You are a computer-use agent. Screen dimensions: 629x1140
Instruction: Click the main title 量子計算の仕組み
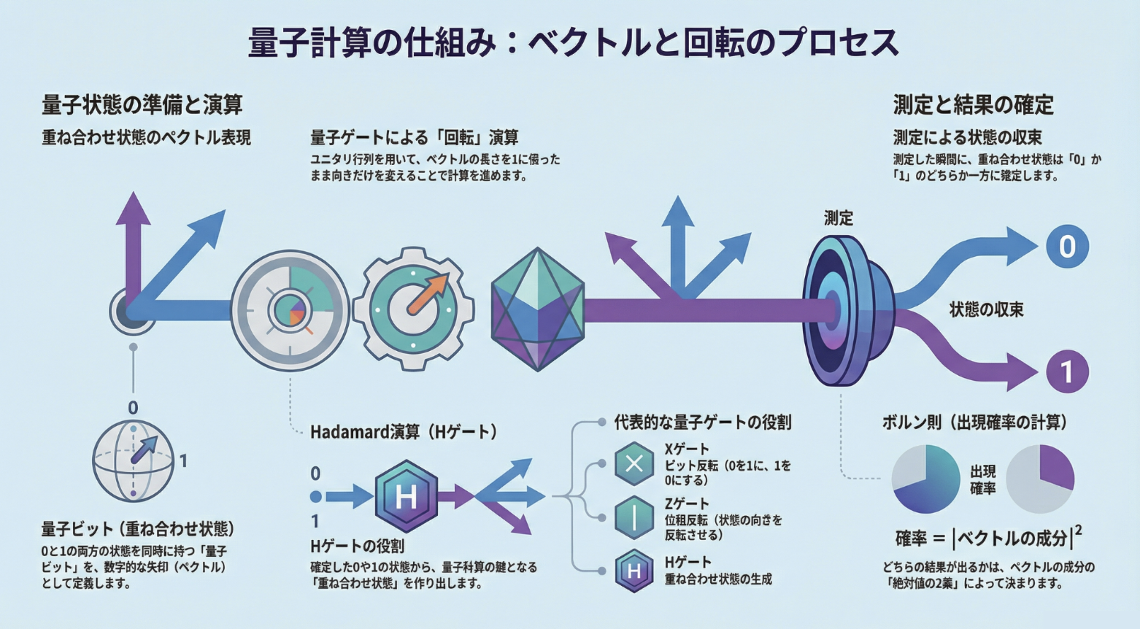point(573,42)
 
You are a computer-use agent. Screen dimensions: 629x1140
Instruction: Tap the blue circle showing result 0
point(1066,247)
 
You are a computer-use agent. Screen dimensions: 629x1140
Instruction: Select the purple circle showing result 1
point(1066,371)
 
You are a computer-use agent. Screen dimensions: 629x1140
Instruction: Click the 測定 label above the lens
point(838,218)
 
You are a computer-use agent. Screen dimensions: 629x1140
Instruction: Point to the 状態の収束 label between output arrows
point(986,309)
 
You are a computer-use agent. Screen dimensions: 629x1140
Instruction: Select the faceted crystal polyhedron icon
point(538,309)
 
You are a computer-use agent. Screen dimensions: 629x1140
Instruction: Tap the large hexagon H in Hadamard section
point(406,497)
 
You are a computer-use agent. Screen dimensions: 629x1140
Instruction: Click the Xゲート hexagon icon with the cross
point(633,463)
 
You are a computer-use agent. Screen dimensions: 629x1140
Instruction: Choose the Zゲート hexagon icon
point(633,517)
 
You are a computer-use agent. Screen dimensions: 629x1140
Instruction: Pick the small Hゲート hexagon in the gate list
point(633,571)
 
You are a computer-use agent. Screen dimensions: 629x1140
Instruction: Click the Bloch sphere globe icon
point(133,460)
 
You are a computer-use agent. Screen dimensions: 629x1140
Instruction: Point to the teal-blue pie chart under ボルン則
point(925,479)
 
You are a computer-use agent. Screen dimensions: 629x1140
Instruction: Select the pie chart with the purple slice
point(1040,479)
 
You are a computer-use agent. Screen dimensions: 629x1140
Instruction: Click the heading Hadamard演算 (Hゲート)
point(404,432)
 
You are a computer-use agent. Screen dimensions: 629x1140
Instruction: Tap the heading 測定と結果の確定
point(974,105)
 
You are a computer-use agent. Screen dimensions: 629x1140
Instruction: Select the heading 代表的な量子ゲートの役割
point(702,422)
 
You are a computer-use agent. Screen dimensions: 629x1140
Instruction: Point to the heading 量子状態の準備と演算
point(142,105)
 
